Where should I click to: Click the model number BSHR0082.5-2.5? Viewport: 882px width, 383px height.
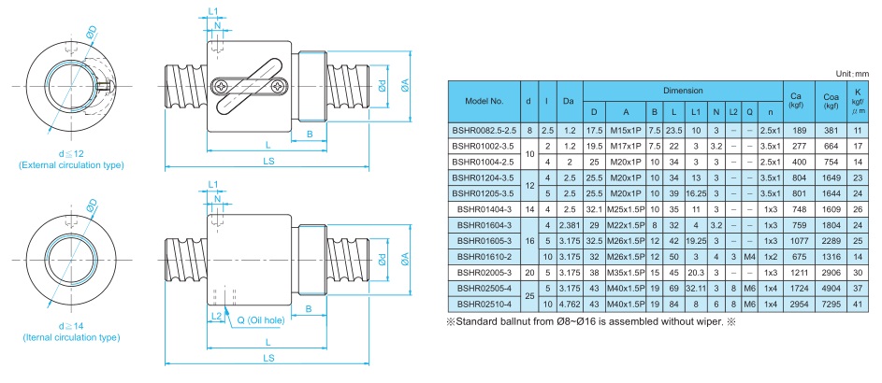click(485, 129)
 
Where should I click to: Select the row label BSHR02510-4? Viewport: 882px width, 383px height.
click(485, 305)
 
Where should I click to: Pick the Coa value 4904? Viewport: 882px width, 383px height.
click(830, 289)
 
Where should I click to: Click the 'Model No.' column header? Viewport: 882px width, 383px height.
click(485, 98)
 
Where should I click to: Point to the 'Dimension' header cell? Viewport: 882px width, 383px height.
click(684, 90)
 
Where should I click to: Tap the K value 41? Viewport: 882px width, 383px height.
click(858, 305)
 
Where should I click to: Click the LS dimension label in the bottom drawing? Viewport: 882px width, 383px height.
click(268, 358)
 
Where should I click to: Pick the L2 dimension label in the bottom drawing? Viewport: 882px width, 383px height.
click(216, 317)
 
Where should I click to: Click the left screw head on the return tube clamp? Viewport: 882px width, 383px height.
click(221, 86)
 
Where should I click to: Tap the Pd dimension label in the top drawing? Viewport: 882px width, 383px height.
click(382, 87)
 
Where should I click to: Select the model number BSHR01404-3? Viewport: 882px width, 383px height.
click(485, 209)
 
